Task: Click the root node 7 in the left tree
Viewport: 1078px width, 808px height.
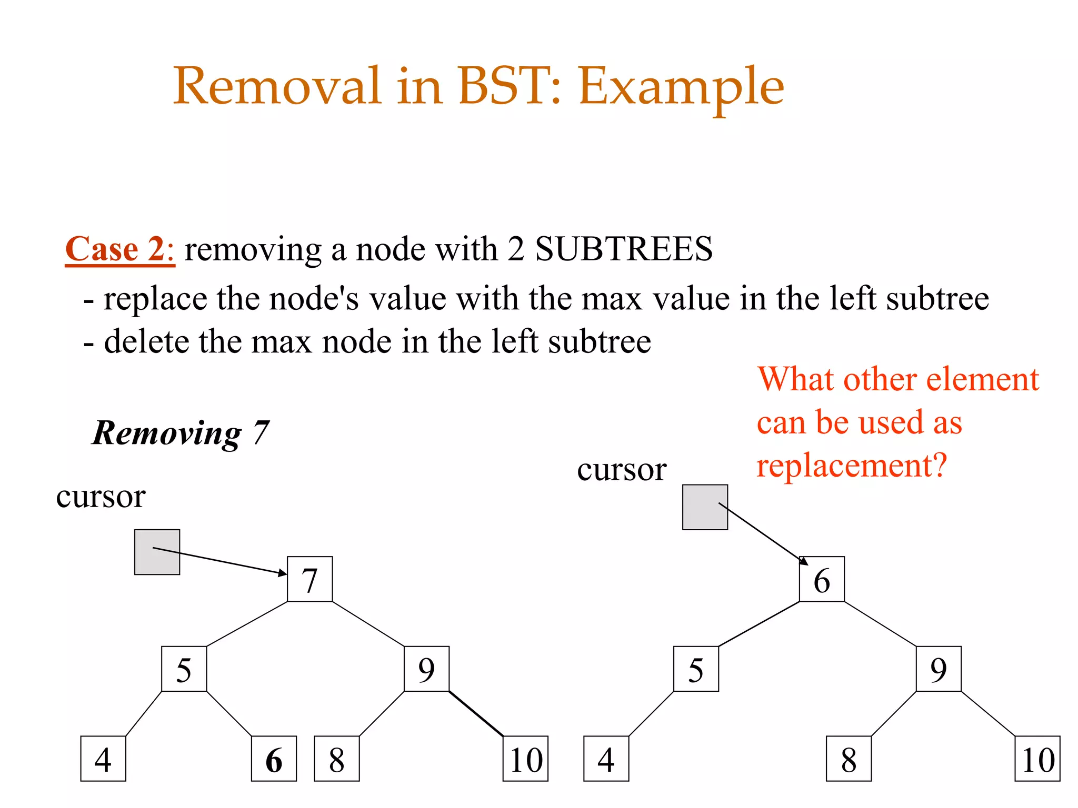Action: pos(310,579)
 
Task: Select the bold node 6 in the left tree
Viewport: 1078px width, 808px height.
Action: pos(274,759)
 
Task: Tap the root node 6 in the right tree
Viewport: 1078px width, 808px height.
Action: pos(822,579)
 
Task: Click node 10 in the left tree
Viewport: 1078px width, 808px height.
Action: pos(525,759)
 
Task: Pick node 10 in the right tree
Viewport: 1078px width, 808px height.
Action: pos(1037,759)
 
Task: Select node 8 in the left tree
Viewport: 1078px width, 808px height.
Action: pos(337,759)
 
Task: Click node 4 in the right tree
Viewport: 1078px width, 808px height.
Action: pos(606,759)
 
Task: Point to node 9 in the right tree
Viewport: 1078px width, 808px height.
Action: pos(939,669)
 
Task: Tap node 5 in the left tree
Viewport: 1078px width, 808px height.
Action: pos(184,669)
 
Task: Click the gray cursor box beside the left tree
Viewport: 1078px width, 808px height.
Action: pos(157,552)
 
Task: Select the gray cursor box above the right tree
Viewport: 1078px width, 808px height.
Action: pos(705,507)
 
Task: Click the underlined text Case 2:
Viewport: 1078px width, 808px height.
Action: pos(119,249)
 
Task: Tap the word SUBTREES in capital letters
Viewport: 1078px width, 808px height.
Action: pos(624,249)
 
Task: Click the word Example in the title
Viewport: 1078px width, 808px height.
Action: pos(681,87)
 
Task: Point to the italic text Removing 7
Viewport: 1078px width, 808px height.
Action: pos(181,433)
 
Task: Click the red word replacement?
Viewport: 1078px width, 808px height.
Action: pos(851,466)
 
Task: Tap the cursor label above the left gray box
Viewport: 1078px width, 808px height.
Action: pos(101,496)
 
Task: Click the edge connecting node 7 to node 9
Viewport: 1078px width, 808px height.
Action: pos(368,624)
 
